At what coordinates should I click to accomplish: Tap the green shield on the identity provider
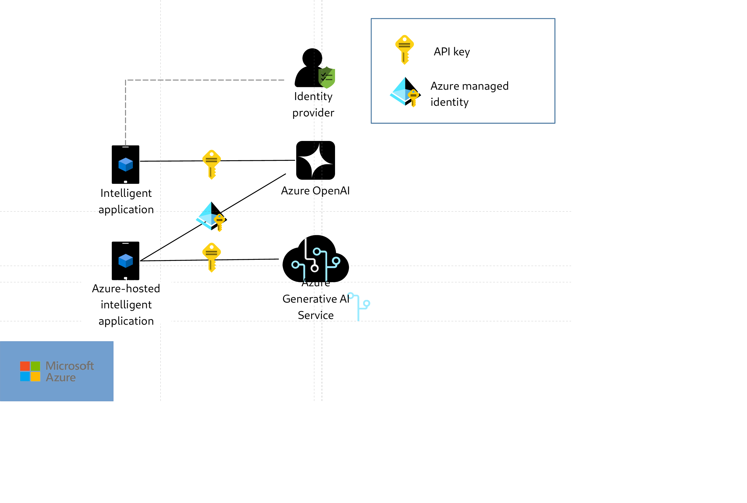327,78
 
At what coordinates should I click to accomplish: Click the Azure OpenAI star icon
315,160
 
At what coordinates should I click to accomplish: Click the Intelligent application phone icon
125,165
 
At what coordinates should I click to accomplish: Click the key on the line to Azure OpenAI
211,164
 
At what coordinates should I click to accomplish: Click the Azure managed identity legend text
469,94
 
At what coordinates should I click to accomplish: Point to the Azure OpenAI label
315,191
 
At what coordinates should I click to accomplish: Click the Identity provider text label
313,104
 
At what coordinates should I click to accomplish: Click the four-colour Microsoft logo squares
30,371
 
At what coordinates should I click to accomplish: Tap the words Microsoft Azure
69,371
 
